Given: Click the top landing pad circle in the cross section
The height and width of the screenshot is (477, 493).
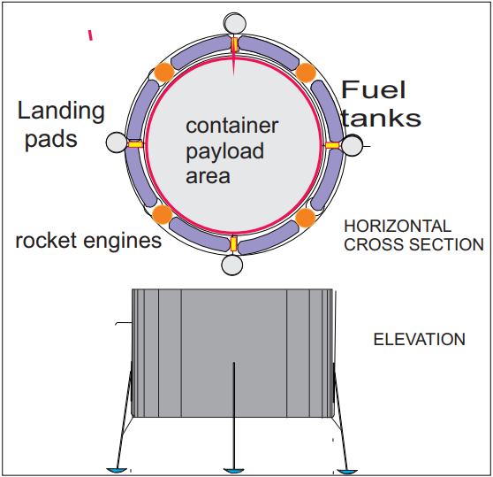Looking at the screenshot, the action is point(235,23).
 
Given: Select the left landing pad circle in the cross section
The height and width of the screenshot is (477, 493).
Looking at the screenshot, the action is point(117,142).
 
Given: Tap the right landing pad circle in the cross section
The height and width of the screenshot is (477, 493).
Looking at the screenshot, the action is point(352,145).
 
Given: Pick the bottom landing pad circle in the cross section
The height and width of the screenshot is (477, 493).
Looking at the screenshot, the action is point(232,265).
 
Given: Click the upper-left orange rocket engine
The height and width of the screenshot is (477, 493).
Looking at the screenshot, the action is point(163,72).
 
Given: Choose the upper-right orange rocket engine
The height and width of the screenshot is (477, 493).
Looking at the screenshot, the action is point(306,73).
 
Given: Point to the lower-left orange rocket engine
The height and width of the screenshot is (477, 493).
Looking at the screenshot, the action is point(163,214).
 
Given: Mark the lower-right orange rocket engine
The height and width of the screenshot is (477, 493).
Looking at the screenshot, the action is point(306,218).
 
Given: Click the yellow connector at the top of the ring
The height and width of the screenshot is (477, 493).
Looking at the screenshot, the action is point(234,45).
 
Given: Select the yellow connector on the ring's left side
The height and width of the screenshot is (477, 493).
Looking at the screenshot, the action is point(135,144).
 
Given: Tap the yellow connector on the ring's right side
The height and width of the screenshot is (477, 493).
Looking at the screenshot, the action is point(332,145).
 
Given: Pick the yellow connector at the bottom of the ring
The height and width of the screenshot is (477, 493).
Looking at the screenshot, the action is point(233,244).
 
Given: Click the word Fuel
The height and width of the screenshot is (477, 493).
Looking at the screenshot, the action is point(373,89).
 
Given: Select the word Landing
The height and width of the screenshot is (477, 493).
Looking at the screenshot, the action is point(61,112).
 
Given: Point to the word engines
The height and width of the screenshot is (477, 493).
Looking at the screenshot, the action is point(122,242).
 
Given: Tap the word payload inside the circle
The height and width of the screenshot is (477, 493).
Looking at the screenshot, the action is point(224,151).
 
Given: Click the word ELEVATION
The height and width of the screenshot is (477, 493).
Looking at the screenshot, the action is point(419,340).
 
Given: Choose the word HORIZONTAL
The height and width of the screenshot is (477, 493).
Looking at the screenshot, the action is point(398,226).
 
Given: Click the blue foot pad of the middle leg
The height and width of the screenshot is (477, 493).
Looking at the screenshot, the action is point(233,471).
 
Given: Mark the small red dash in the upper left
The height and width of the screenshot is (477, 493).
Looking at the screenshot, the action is point(90,35).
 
